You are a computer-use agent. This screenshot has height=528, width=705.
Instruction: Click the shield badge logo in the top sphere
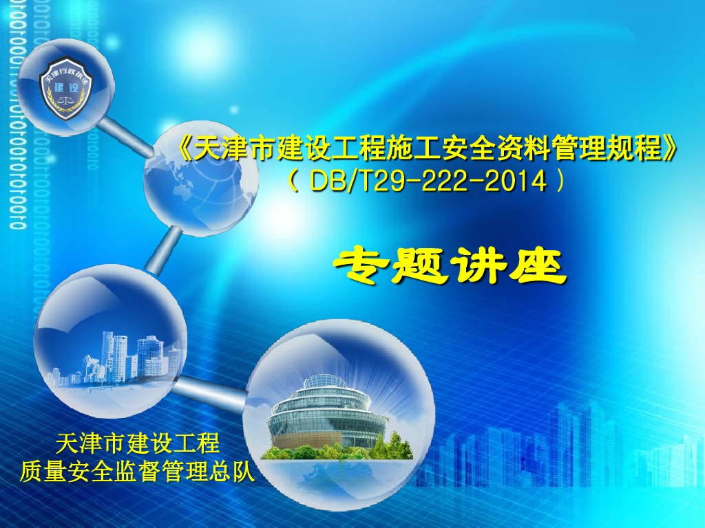(66, 86)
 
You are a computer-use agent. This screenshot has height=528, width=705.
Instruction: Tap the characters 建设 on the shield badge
(66, 91)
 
